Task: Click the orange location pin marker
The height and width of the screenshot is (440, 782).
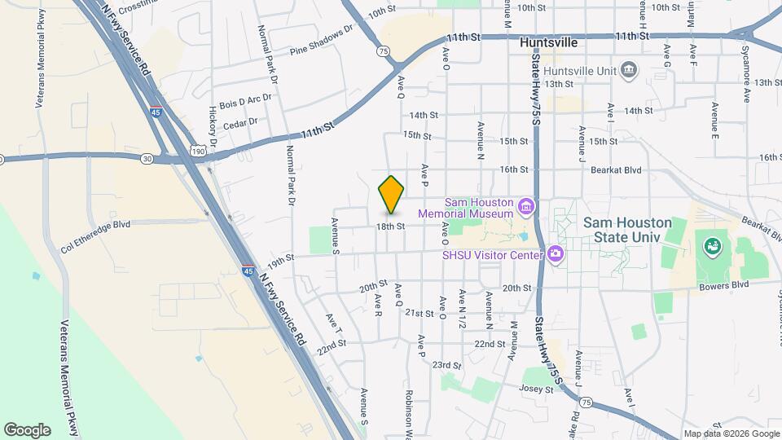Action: click(x=391, y=194)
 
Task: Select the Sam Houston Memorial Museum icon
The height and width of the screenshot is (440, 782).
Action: click(x=525, y=207)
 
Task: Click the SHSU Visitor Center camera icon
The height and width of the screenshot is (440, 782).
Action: click(x=556, y=253)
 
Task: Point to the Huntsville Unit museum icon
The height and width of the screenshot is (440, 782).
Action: click(x=629, y=71)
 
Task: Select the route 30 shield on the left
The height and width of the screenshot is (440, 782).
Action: click(x=146, y=159)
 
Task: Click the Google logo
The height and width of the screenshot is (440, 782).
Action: click(x=27, y=429)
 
